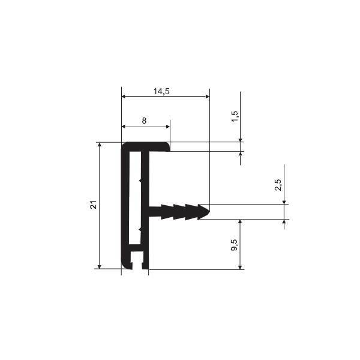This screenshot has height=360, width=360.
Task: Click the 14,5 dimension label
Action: click(x=161, y=91)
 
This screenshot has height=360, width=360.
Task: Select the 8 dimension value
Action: click(x=144, y=121)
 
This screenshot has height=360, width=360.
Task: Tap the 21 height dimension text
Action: click(x=94, y=205)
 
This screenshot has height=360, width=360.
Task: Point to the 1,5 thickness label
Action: click(x=235, y=118)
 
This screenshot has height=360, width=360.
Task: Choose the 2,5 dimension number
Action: click(x=278, y=185)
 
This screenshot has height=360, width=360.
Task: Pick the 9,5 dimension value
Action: click(x=235, y=245)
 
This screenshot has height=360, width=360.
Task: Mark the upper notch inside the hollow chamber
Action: click(x=140, y=181)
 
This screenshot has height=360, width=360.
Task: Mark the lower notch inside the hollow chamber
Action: click(x=140, y=229)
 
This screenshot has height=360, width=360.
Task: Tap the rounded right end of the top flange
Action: click(x=168, y=147)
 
